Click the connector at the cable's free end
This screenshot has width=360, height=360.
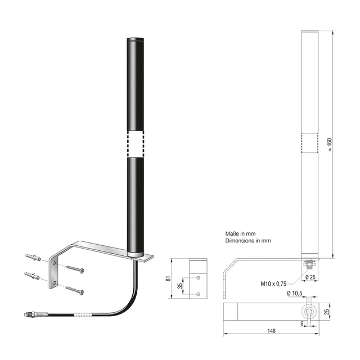[x=31, y=315]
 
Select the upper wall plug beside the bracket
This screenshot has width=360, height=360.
[x=34, y=258]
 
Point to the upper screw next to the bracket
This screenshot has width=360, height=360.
[x=75, y=268]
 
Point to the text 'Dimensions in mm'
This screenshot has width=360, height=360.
[x=248, y=240]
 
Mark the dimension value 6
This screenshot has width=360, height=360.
[x=302, y=323]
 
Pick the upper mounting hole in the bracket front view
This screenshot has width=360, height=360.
[x=198, y=277]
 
